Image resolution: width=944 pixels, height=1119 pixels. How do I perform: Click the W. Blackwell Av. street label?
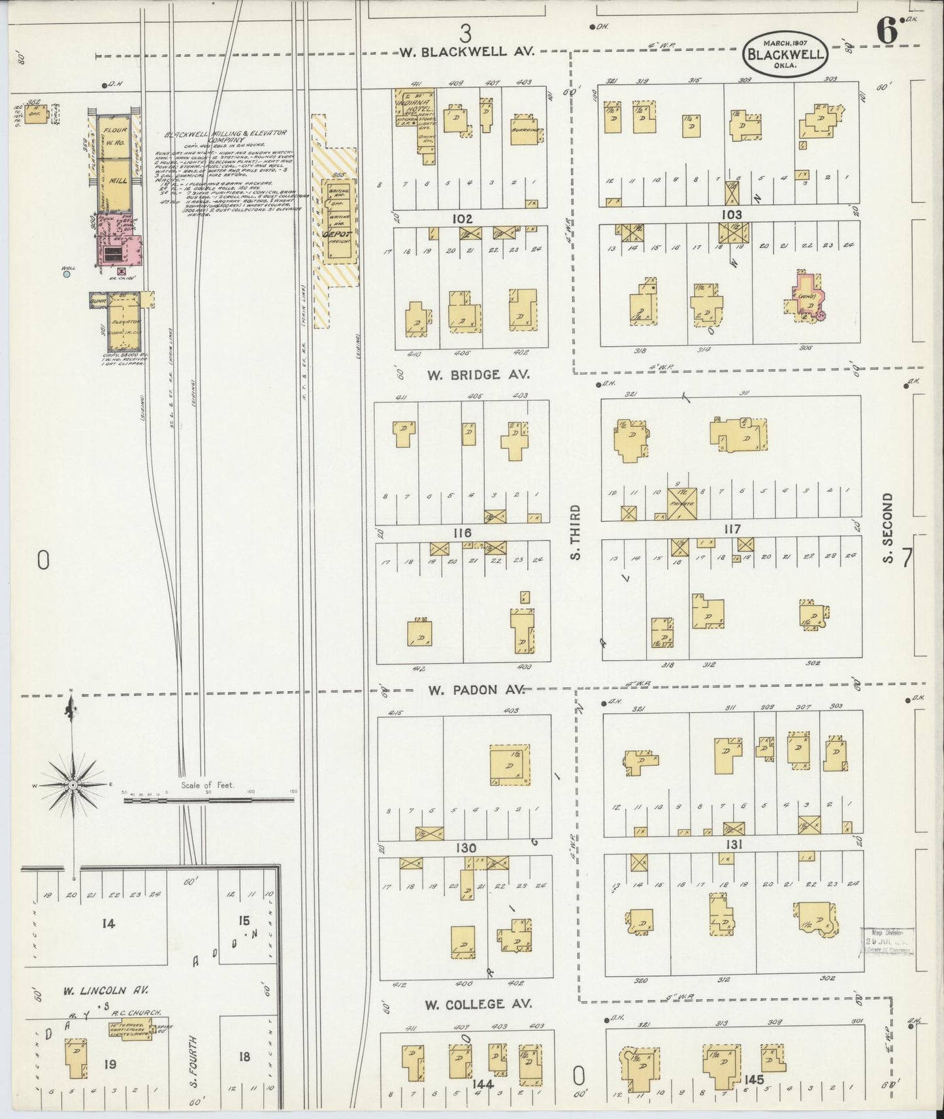point(466,51)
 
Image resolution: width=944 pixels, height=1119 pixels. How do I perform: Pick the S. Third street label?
point(575,531)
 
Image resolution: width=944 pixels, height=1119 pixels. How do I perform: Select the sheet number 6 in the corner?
point(886,33)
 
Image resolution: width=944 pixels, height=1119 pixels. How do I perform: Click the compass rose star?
point(73,783)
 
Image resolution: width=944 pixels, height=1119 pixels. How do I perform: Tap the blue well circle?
point(67,275)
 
